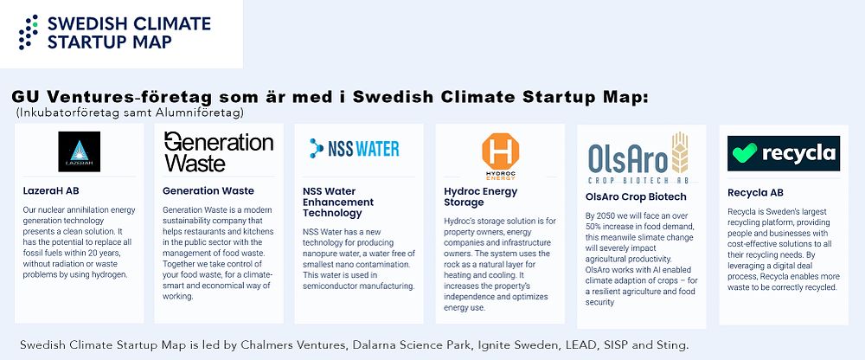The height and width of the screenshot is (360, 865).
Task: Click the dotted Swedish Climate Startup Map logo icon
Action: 29,32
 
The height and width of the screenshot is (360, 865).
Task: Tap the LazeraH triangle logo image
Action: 79,151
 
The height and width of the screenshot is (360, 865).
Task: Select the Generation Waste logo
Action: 219,151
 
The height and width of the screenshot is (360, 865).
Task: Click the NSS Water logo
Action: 354,149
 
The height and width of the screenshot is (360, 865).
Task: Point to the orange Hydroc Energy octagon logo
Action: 500,151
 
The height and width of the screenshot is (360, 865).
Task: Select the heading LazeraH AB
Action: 51,191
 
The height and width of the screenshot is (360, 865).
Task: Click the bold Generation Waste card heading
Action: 208,191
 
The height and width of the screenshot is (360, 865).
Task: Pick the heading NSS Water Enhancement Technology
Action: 338,202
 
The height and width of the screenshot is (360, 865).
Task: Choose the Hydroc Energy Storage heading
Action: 480,196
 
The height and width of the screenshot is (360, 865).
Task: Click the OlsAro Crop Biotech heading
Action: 636,196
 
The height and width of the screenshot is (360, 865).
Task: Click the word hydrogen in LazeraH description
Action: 110,275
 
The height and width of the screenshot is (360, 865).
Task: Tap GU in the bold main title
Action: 25,98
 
